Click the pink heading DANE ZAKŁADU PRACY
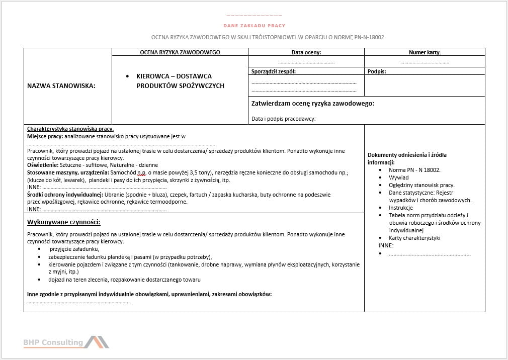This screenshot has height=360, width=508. click(x=254, y=25)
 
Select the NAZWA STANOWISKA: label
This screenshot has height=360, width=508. click(x=61, y=86)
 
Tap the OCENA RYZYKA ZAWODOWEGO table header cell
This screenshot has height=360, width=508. click(x=180, y=52)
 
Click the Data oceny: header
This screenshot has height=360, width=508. click(x=306, y=52)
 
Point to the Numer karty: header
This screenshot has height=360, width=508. click(x=425, y=52)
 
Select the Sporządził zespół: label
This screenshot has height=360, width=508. click(x=274, y=71)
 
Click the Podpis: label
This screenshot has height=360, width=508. click(x=377, y=71)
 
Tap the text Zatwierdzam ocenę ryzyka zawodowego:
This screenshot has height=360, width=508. click(x=312, y=104)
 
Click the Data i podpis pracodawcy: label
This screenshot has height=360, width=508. click(x=283, y=119)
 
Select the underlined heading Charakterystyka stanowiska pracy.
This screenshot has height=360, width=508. click(x=70, y=129)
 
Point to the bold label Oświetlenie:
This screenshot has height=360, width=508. click(x=42, y=165)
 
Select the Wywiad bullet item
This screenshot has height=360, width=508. click(x=399, y=177)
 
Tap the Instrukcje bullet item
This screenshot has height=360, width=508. click(x=400, y=208)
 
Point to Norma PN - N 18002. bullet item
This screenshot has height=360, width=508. click(x=414, y=170)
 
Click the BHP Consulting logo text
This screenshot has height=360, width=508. click(x=53, y=342)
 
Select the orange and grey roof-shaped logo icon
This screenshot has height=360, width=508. click(x=97, y=342)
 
